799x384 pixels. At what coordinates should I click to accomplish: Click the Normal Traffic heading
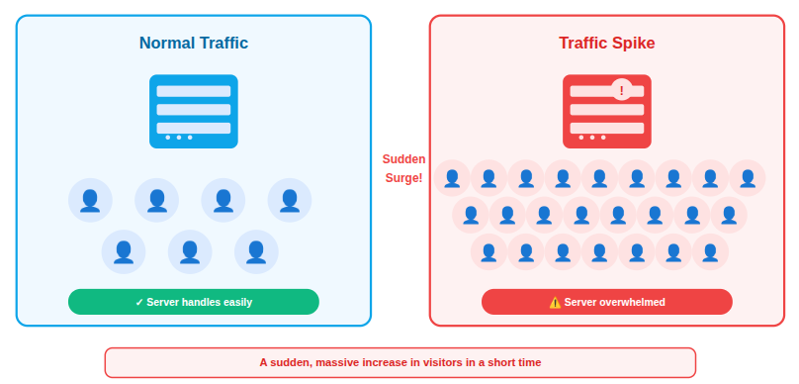[x=194, y=44]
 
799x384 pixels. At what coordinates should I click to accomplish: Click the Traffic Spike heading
[x=606, y=44]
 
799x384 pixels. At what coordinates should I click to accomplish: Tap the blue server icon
[x=194, y=111]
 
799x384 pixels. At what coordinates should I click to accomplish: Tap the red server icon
[x=606, y=111]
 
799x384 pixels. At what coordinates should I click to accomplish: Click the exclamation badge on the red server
[x=621, y=90]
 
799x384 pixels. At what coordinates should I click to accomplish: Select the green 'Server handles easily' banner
[x=194, y=302]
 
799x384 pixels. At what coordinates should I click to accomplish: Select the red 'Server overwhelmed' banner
[x=606, y=302]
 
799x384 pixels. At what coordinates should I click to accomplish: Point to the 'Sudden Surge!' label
[x=403, y=168]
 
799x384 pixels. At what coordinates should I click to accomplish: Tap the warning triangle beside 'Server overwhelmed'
[x=555, y=302]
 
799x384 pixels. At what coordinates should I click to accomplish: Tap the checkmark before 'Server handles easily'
[x=139, y=302]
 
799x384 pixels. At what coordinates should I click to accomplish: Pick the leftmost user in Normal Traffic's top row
[x=90, y=201]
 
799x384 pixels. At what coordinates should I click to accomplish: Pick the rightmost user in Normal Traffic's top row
[x=290, y=201]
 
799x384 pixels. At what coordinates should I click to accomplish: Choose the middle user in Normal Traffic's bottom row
[x=190, y=252]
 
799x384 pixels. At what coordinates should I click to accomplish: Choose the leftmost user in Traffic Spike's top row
[x=452, y=178]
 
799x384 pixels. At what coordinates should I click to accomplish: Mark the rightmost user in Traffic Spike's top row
[x=748, y=178]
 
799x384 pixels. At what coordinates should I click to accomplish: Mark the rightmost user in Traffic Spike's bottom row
[x=710, y=251]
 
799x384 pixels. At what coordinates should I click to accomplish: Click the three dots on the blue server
[x=179, y=138]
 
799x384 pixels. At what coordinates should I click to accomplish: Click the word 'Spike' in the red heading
[x=632, y=44]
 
